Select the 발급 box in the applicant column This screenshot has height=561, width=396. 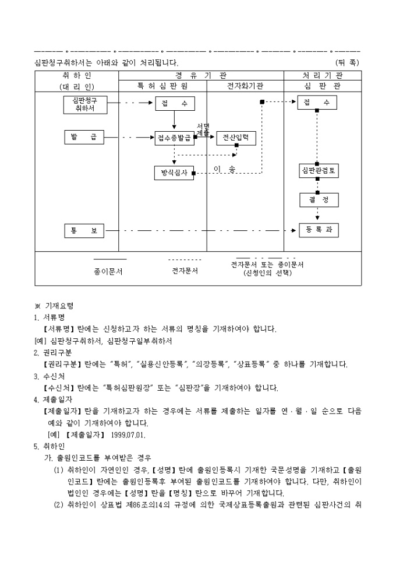pyautogui.click(x=84, y=138)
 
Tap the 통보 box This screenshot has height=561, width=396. pyautogui.click(x=84, y=231)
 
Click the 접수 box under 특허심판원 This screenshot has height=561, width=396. pyautogui.click(x=175, y=104)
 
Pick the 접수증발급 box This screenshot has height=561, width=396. pyautogui.click(x=174, y=138)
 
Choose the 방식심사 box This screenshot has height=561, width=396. pyautogui.click(x=174, y=173)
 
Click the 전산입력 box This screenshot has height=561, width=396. pyautogui.click(x=236, y=138)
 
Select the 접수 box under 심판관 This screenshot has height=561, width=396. pyautogui.click(x=317, y=103)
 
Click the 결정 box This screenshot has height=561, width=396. pyautogui.click(x=319, y=199)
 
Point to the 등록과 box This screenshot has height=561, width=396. pyautogui.click(x=319, y=230)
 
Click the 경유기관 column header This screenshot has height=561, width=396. pyautogui.click(x=201, y=76)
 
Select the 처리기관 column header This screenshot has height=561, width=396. pyautogui.click(x=322, y=76)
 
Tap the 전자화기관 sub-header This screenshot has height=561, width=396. pyautogui.click(x=245, y=86)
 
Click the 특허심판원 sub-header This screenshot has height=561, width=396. pyautogui.click(x=162, y=86)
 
